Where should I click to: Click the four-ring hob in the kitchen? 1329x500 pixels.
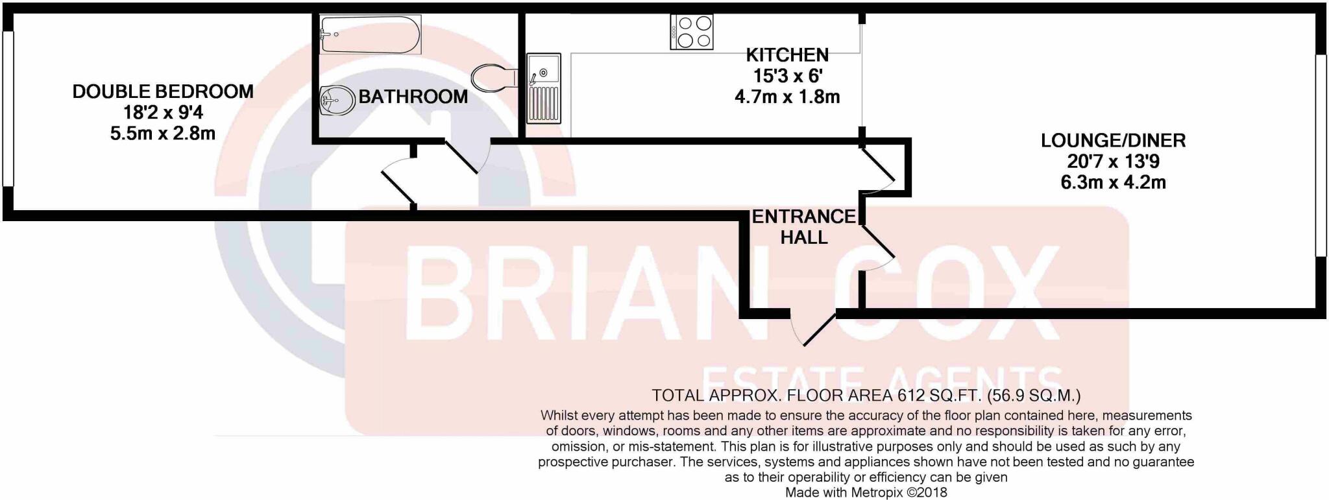pyautogui.click(x=692, y=32)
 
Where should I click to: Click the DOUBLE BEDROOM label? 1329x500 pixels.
pyautogui.click(x=163, y=91)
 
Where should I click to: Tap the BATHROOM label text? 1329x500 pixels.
pyautogui.click(x=413, y=97)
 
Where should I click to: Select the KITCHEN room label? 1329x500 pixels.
pyautogui.click(x=787, y=55)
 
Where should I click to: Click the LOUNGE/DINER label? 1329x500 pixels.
pyautogui.click(x=1113, y=140)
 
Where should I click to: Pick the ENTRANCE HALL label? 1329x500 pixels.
pyautogui.click(x=803, y=226)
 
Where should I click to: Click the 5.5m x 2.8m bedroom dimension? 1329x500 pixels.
pyautogui.click(x=163, y=134)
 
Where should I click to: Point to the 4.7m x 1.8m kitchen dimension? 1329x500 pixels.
pyautogui.click(x=787, y=97)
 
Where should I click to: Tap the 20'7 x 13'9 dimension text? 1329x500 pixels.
pyautogui.click(x=1113, y=161)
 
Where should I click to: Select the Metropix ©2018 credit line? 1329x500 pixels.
pyautogui.click(x=866, y=492)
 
